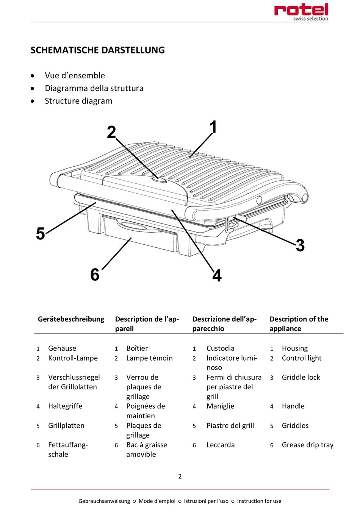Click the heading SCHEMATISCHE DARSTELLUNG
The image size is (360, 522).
97,50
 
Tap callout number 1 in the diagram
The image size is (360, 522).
213,127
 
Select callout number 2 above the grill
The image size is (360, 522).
111,132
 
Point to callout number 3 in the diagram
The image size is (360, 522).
300,245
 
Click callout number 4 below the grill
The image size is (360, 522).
217,275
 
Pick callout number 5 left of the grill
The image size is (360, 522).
41,233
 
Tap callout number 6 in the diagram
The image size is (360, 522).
95,274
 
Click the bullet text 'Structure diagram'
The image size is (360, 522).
78,101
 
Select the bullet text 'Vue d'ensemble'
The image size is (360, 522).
75,75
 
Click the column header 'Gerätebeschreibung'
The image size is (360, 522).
71,319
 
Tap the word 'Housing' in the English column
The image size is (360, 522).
294,348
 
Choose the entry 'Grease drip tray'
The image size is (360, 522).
307,445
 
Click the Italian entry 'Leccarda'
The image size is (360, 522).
220,445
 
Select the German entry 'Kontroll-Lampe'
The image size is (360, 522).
73,358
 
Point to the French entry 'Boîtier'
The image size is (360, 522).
137,348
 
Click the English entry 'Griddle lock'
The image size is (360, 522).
301,377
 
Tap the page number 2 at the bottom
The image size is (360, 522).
180,476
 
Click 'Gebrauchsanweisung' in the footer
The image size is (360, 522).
104,501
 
